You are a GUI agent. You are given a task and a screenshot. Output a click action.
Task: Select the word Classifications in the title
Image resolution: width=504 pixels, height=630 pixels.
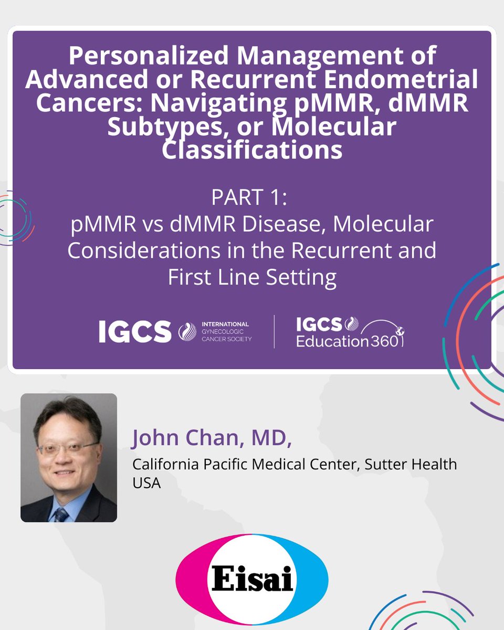252,150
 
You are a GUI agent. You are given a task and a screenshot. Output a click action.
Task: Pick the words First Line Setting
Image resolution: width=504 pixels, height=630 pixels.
252,277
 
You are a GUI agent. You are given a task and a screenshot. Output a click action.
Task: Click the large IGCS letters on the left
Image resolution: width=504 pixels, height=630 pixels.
135,332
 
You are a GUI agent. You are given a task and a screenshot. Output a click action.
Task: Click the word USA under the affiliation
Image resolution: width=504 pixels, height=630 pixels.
146,483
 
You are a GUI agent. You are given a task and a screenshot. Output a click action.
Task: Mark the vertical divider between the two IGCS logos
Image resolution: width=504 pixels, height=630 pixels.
274,332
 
